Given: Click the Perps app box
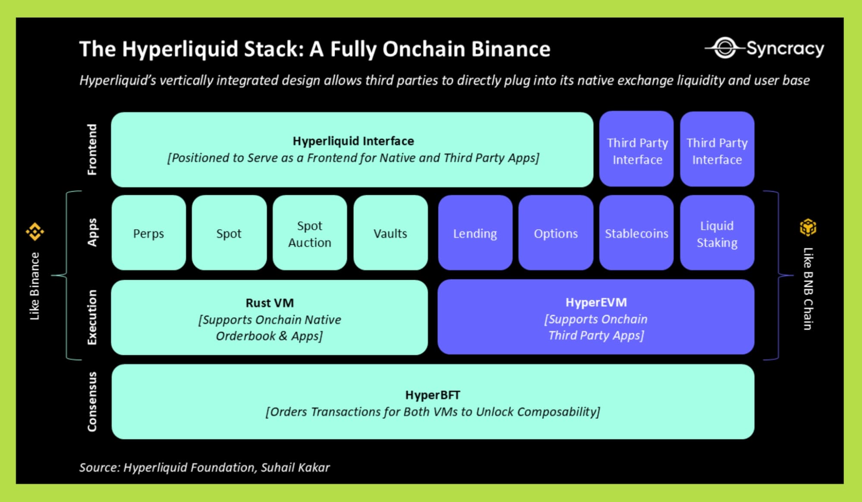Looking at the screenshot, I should [x=148, y=233].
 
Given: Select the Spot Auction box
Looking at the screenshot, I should [x=310, y=234].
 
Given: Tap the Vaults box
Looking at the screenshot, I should [x=390, y=233].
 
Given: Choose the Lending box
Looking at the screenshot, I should [x=475, y=233].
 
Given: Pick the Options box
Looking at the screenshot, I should [x=555, y=233].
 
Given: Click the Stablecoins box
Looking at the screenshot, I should [x=636, y=233].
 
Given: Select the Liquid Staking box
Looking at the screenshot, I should [x=717, y=234].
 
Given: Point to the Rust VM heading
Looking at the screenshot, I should [x=270, y=303].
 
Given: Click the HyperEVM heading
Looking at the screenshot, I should [x=596, y=302].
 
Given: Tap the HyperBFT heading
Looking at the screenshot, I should [x=433, y=395].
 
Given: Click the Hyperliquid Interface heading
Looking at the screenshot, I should [x=353, y=141].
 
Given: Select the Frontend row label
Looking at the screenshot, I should [x=92, y=149].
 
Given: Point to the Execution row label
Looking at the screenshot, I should [x=92, y=317].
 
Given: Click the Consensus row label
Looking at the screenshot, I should [x=92, y=401].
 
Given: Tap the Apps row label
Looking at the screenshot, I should [x=92, y=232].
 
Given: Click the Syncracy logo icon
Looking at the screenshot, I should [x=725, y=48].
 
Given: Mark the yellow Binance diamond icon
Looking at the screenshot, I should [x=35, y=232].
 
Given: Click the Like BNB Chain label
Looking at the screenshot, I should [x=808, y=288].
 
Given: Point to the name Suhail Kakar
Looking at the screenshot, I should [x=295, y=467].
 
